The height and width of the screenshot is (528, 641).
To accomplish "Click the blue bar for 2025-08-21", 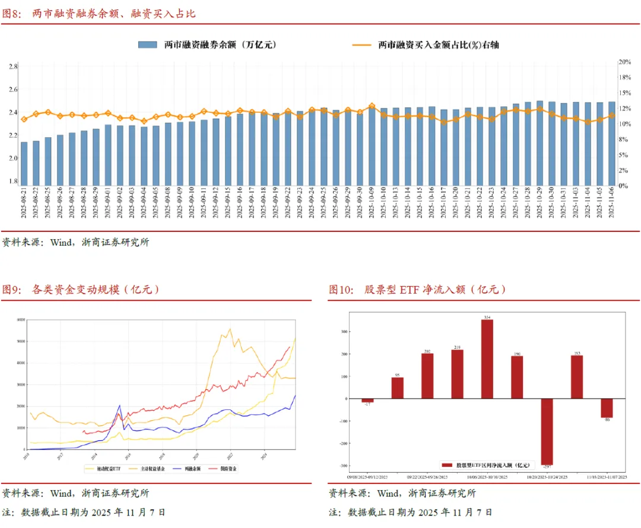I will (24, 163).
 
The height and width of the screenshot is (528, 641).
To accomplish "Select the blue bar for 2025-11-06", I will (612, 144).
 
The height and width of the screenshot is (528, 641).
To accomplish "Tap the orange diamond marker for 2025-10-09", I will (372, 106).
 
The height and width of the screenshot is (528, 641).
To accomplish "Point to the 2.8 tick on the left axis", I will (13, 66).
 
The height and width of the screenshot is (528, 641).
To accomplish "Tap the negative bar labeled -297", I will (547, 431).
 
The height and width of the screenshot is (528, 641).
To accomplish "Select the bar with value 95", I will (397, 388).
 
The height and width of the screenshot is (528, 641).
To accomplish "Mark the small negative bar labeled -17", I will (367, 400).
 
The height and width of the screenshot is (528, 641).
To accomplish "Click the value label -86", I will (607, 420).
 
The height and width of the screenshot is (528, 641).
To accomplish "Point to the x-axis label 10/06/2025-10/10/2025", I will (487, 476).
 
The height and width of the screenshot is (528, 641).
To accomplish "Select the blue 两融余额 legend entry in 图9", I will (192, 469).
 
